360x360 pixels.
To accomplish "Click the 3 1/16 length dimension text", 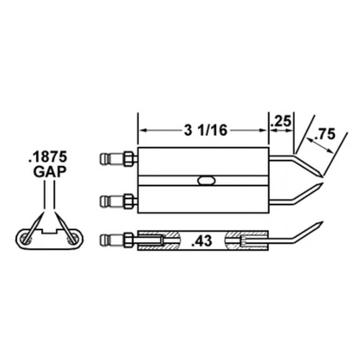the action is pyautogui.click(x=205, y=130).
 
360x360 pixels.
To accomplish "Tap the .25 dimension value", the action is pyautogui.click(x=281, y=121).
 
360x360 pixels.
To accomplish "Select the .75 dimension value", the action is pyautogui.click(x=325, y=134).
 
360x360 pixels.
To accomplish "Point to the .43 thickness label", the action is pyautogui.click(x=202, y=241).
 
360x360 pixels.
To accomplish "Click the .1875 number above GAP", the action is pyautogui.click(x=48, y=157).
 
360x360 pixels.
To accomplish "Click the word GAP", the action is pyautogui.click(x=50, y=172).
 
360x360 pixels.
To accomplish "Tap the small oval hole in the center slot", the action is pyautogui.click(x=206, y=180).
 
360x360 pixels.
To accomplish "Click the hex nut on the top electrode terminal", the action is pyautogui.click(x=128, y=159).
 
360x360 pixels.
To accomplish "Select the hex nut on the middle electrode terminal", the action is pyautogui.click(x=128, y=201).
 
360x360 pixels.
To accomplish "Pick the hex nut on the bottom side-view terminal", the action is pyautogui.click(x=128, y=240).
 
